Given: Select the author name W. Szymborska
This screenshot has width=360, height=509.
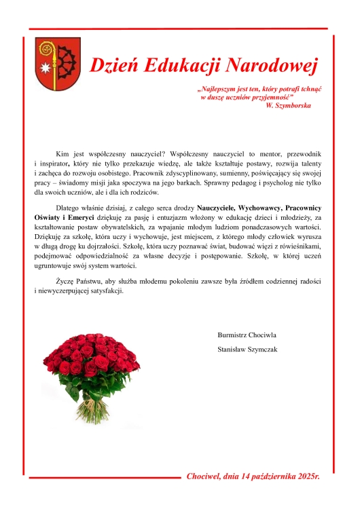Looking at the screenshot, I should click(289, 107).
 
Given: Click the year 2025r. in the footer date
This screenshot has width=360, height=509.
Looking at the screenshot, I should click(305, 477).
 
